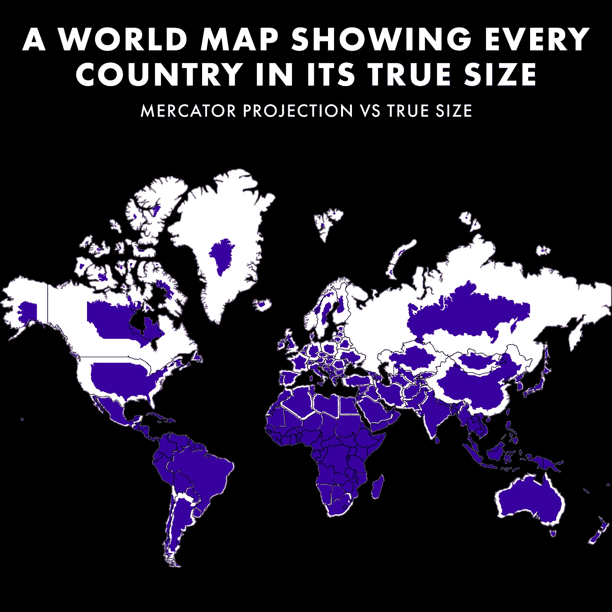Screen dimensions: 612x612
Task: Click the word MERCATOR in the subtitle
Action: click(188, 111)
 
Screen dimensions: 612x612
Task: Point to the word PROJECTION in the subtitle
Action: click(298, 111)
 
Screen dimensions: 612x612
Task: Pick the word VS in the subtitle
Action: click(371, 111)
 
